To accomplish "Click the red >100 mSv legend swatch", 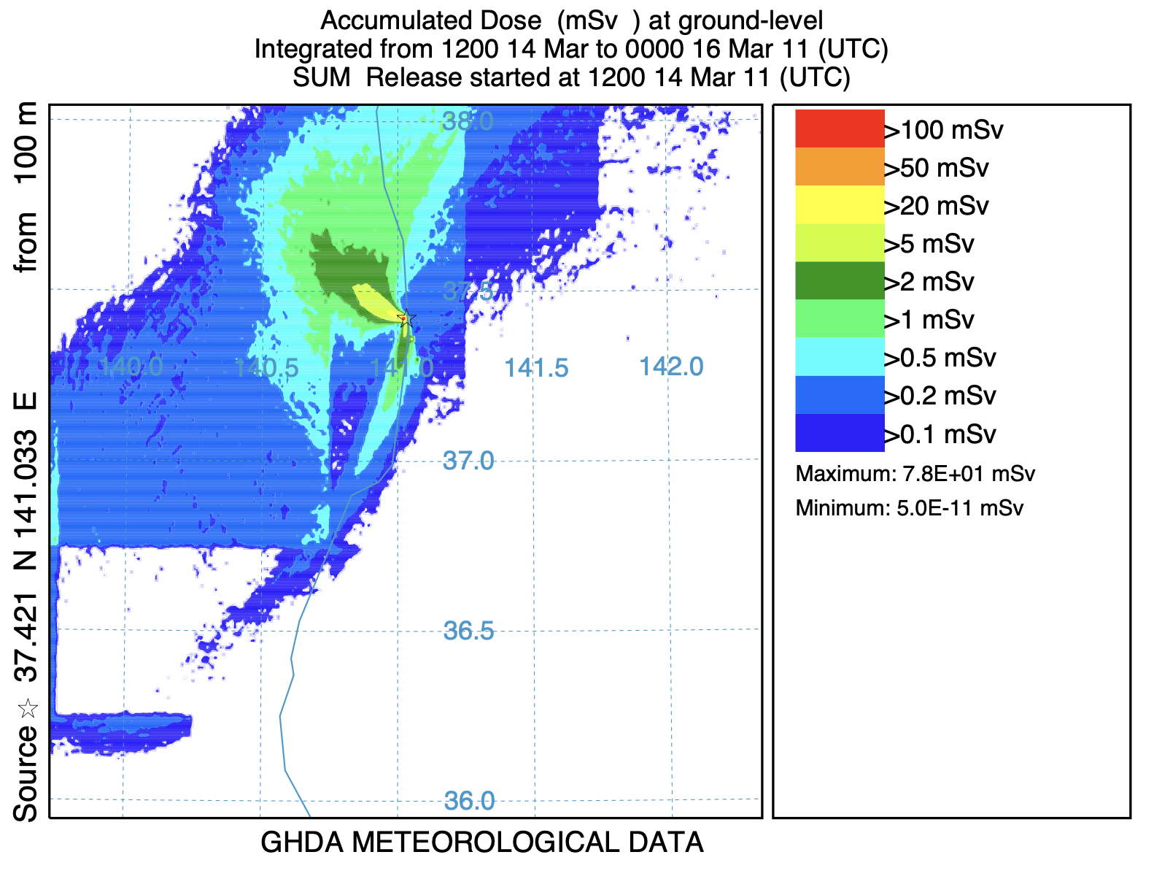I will [x=840, y=129].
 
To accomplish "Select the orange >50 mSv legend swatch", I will [x=840, y=167].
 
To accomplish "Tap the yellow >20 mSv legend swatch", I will [x=840, y=205].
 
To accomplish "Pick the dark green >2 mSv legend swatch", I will [x=840, y=281].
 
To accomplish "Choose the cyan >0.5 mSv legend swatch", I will [x=840, y=357].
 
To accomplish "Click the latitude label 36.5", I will [x=468, y=631].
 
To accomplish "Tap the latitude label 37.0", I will [x=468, y=461].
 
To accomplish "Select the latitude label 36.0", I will [x=469, y=801].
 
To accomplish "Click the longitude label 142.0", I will [x=671, y=366].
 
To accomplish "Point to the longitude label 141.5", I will [x=536, y=368].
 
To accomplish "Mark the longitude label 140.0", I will [x=131, y=366].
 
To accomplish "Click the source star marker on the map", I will [x=407, y=318].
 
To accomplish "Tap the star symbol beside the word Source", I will [x=28, y=708].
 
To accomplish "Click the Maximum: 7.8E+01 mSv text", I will [x=915, y=474].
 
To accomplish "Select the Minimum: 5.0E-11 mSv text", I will [x=909, y=508].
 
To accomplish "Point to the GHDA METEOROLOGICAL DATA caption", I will [x=481, y=842].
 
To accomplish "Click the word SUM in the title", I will [x=321, y=77].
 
